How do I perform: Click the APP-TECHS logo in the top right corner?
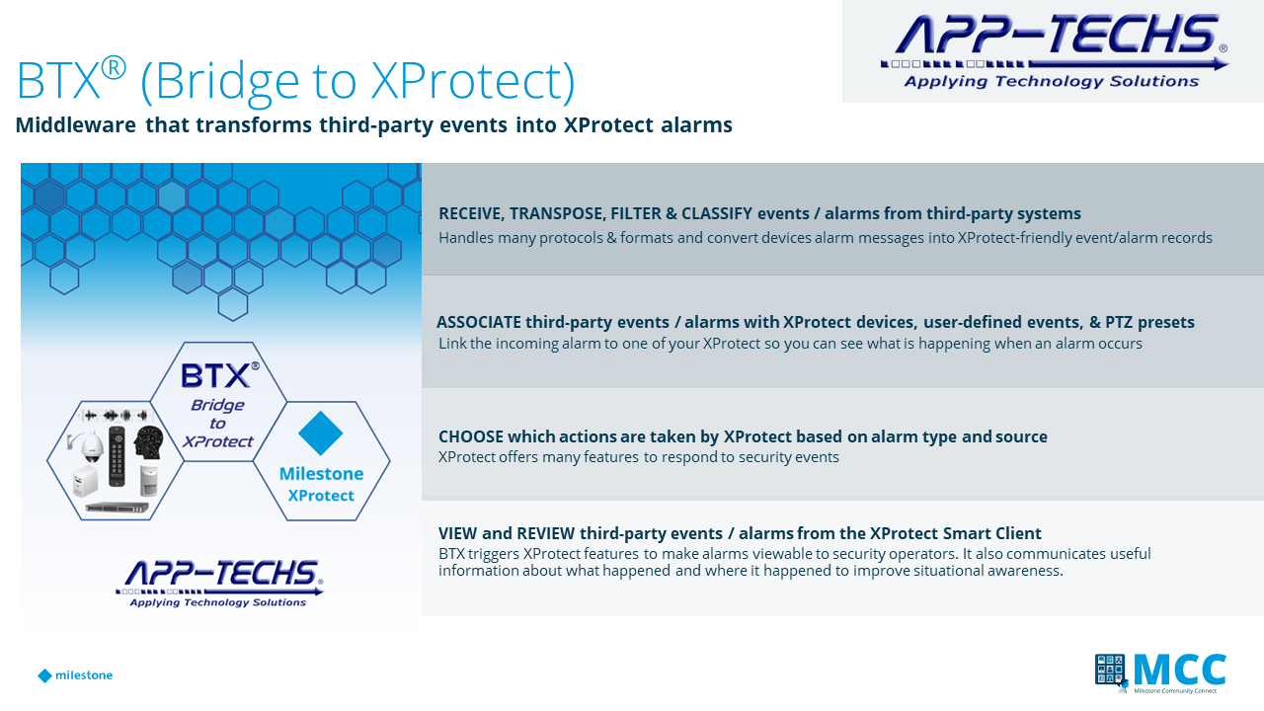[x=1054, y=50]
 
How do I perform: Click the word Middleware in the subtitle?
[x=76, y=124]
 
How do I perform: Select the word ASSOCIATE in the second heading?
[x=479, y=322]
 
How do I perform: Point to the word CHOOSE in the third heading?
[x=471, y=436]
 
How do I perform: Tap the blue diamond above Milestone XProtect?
[x=321, y=433]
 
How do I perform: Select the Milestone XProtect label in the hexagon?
[x=321, y=484]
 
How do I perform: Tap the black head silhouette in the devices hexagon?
[x=149, y=442]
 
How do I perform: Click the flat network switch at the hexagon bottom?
[x=117, y=508]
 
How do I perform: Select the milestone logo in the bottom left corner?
[x=75, y=675]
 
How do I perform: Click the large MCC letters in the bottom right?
[x=1180, y=670]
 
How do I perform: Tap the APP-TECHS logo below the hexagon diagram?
[x=219, y=584]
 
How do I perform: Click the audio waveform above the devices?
[x=117, y=416]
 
